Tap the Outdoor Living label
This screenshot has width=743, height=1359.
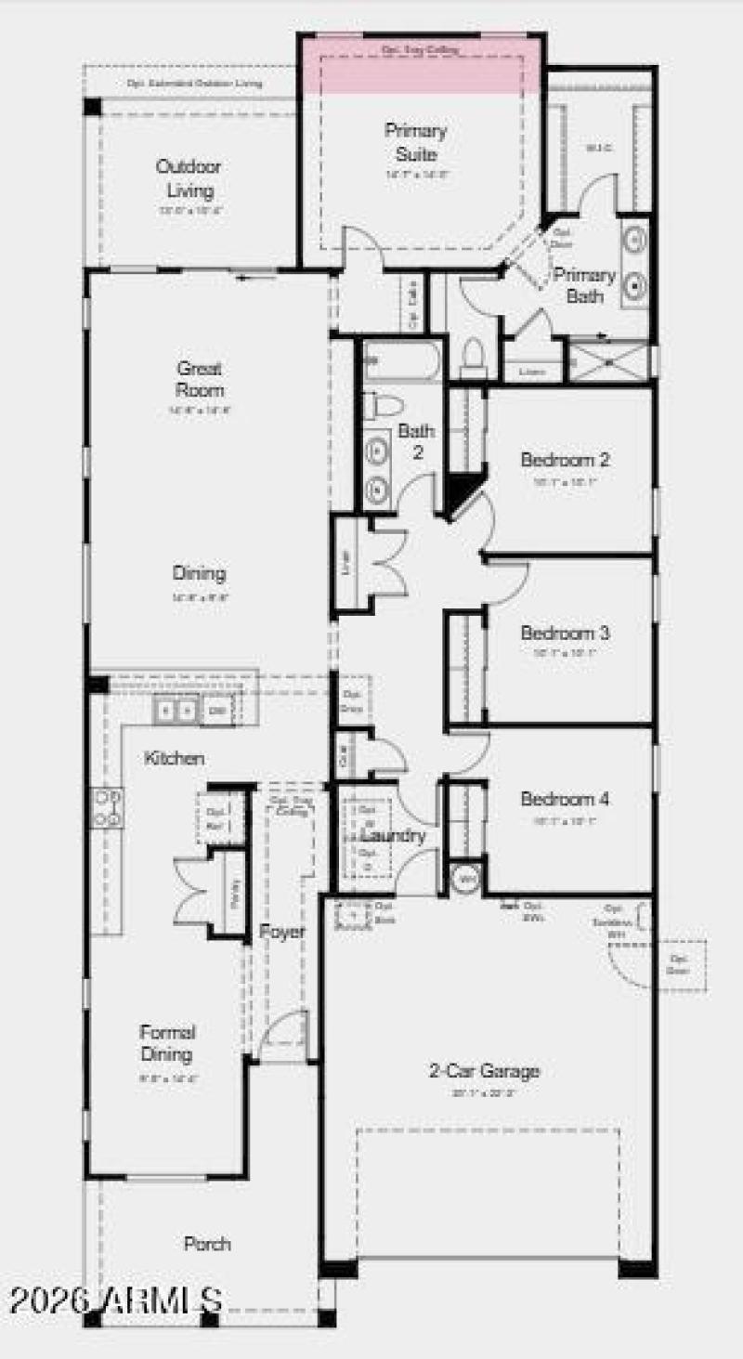(x=189, y=179)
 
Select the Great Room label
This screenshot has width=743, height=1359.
(x=201, y=379)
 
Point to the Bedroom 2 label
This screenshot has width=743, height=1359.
(x=565, y=459)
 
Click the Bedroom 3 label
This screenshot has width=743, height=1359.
(x=565, y=633)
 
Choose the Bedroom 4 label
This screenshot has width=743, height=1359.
(x=565, y=799)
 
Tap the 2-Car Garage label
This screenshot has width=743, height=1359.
(x=484, y=1071)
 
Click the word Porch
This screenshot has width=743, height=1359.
(x=207, y=1244)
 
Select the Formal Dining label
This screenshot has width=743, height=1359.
(x=167, y=1042)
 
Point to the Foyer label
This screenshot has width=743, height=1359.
(x=281, y=932)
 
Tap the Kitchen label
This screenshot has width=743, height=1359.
(x=174, y=758)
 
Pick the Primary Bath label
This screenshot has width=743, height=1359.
(x=584, y=285)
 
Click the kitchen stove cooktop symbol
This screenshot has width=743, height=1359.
(x=108, y=807)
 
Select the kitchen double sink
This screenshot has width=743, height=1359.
(x=176, y=711)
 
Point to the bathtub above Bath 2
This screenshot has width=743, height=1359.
(x=402, y=360)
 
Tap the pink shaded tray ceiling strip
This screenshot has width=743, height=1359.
(x=419, y=66)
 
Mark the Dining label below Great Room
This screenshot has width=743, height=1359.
(x=199, y=573)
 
